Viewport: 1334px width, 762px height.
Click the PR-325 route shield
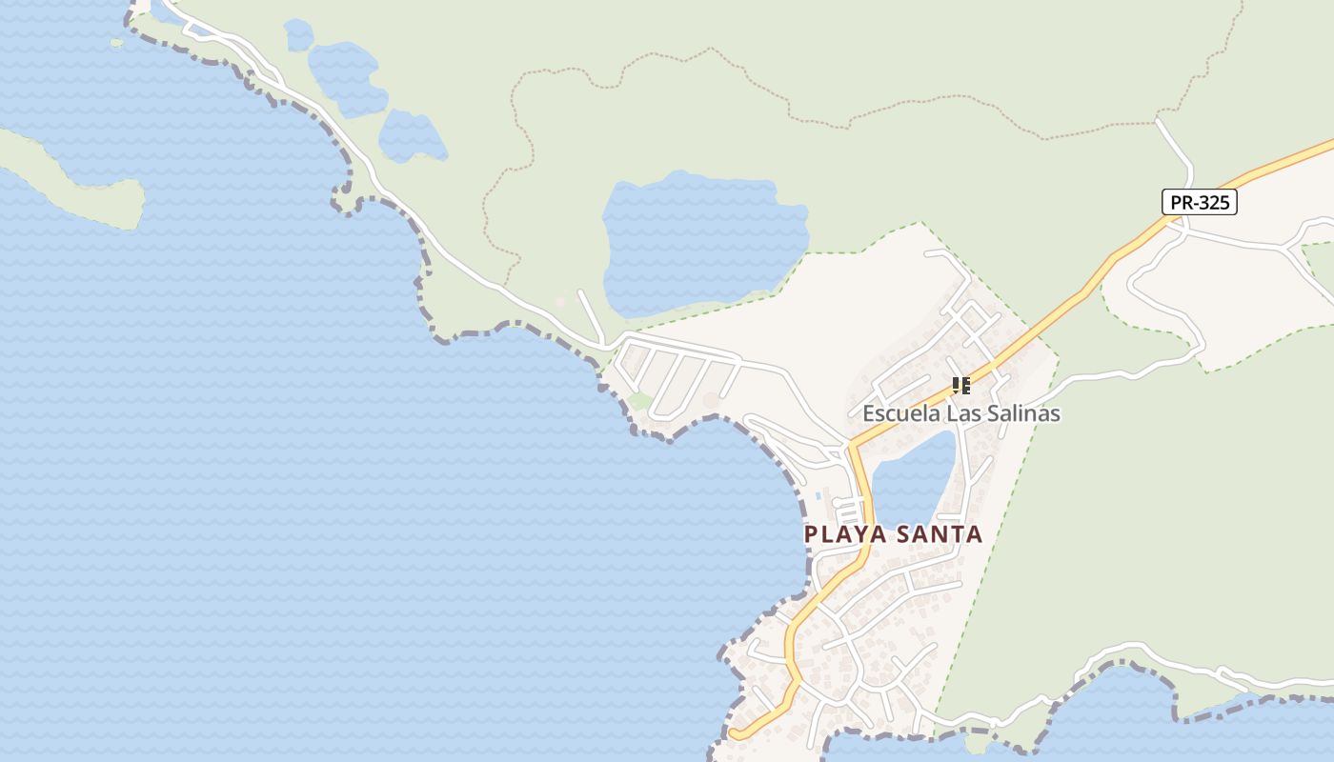pos(1199,202)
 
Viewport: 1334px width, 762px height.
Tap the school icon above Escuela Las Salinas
pos(960,386)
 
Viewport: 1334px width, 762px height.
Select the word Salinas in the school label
pos(1024,413)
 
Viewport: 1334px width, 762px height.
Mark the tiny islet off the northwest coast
pos(116,42)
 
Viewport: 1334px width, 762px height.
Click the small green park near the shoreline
pos(640,401)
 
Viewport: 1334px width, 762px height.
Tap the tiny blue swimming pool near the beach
pos(819,495)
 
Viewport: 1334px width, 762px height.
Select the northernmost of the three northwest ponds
pos(298,35)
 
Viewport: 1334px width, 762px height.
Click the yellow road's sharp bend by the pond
pos(854,448)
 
